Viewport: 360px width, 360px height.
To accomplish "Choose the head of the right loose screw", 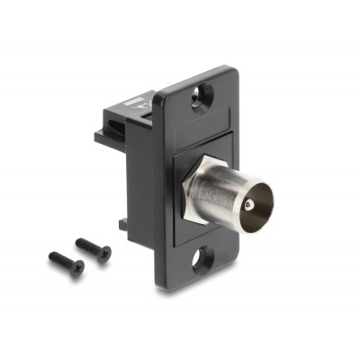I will pyautogui.click(x=104, y=253).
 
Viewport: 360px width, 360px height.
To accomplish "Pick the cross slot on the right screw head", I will pyautogui.click(x=105, y=253).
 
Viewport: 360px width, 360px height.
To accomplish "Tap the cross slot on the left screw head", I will pyautogui.click(x=78, y=267).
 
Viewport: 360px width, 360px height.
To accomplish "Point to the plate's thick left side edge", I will pyautogui.click(x=158, y=180).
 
